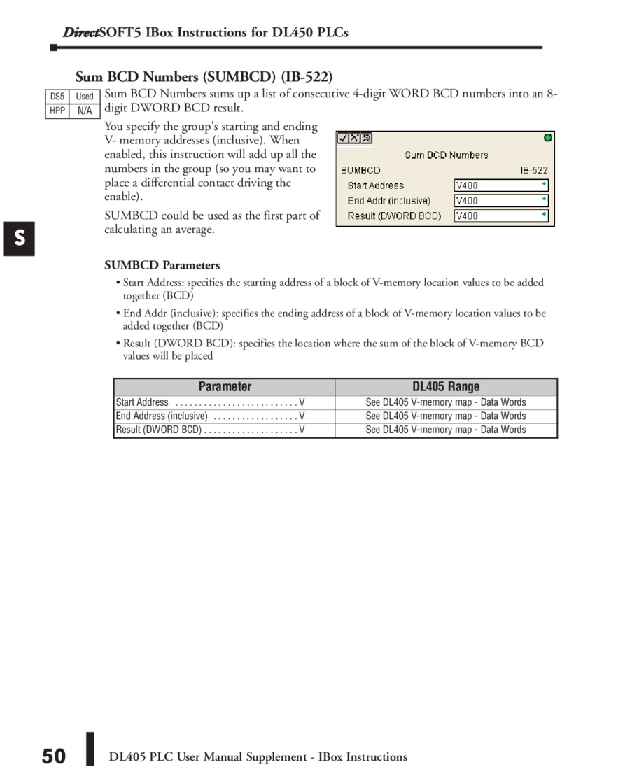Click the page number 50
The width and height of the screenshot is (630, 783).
point(53,756)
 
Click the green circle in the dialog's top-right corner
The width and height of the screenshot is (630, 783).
point(547,138)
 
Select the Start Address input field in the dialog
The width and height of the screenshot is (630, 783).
point(501,185)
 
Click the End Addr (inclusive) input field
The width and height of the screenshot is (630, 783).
point(501,201)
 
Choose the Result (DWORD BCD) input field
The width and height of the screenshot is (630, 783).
point(501,216)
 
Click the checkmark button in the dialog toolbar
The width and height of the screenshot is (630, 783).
point(344,139)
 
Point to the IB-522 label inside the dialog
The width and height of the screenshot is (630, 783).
point(534,170)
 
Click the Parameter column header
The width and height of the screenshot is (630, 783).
point(225,387)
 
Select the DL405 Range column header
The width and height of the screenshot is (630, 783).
point(446,387)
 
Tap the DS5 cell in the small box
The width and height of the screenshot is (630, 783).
point(57,97)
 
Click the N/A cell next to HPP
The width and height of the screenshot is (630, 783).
point(85,111)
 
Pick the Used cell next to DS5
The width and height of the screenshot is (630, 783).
point(85,97)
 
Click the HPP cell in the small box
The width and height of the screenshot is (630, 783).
point(57,111)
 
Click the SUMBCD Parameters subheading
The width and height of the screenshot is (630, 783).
point(162,265)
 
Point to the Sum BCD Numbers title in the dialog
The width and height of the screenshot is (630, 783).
point(446,155)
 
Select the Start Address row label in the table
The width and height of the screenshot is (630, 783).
point(142,402)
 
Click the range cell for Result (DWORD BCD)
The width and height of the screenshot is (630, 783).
point(446,430)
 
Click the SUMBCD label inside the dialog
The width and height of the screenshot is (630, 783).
point(360,170)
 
